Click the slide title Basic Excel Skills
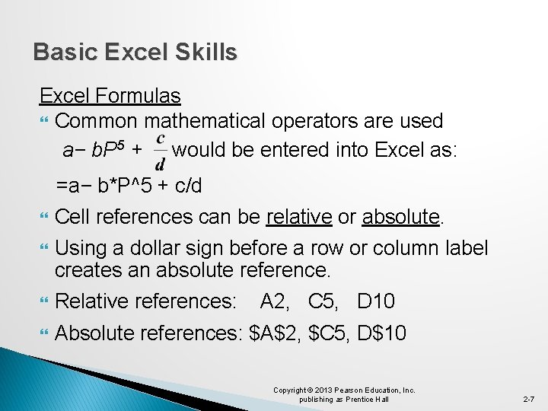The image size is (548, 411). (135, 53)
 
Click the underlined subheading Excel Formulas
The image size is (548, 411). (110, 96)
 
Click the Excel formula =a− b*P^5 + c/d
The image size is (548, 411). (129, 186)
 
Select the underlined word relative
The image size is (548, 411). (299, 218)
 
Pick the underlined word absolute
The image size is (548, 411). (401, 218)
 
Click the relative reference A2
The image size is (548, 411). (276, 301)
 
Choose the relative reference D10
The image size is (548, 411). (376, 301)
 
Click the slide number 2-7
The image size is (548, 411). (529, 399)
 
